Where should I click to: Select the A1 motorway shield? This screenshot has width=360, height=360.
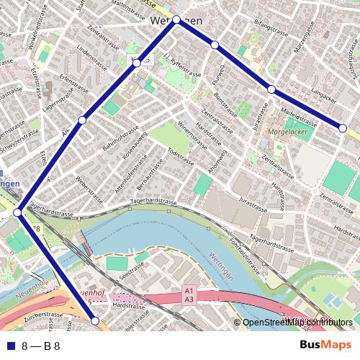click(189, 290)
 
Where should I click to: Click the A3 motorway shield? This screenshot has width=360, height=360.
click(189, 299)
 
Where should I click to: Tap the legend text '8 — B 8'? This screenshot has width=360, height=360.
click(40, 346)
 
